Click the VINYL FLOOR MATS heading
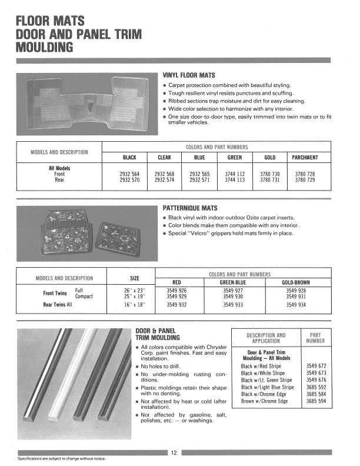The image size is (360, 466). point(189,75)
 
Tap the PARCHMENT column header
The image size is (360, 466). point(305,158)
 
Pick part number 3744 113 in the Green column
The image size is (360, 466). point(235,180)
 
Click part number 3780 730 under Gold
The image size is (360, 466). point(270,174)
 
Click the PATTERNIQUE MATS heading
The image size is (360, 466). point(190,208)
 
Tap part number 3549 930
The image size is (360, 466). point(235,297)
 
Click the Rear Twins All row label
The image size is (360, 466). point(58,305)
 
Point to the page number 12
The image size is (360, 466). point(175,452)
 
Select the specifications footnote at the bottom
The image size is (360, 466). point(62,458)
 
